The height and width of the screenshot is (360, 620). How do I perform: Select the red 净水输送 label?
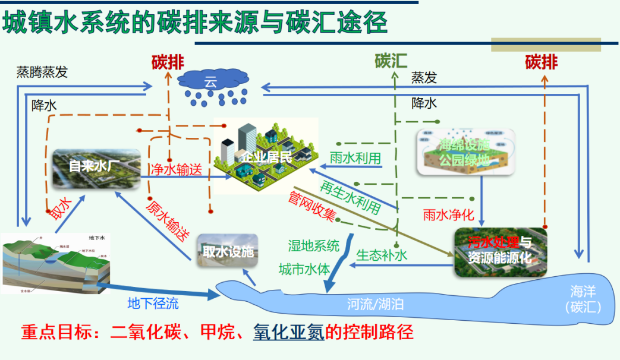tap(174, 169)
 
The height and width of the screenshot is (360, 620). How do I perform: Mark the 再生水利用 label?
tap(351, 195)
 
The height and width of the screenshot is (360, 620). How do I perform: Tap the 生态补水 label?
tap(382, 255)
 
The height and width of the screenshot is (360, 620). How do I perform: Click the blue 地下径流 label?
tap(153, 304)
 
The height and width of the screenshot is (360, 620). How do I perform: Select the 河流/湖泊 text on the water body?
tap(375, 305)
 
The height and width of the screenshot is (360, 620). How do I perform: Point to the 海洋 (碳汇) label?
tap(583, 299)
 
